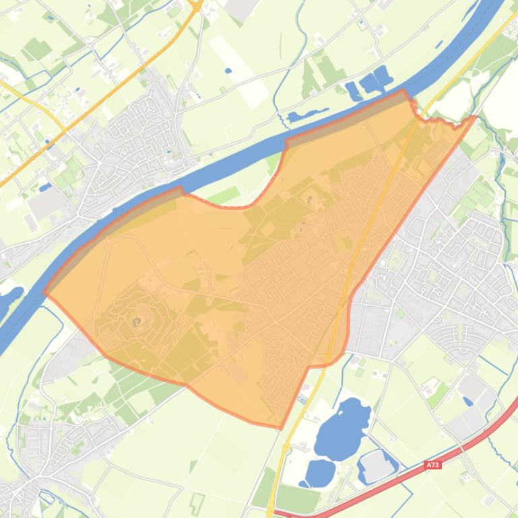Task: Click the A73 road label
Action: click(x=432, y=465)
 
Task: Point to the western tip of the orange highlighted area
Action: click(x=45, y=293)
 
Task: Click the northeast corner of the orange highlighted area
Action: click(x=476, y=116)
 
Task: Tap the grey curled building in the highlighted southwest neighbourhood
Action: click(x=137, y=322)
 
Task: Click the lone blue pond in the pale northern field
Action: click(x=227, y=69)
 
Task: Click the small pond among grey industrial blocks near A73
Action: click(x=467, y=402)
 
